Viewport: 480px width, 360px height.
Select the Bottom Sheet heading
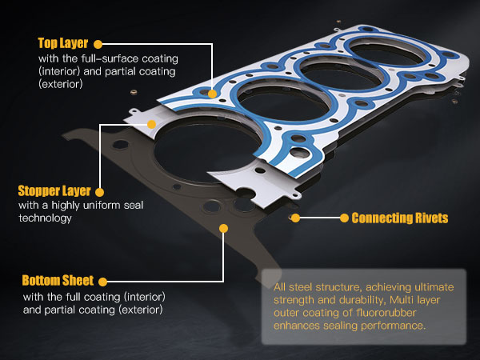[58, 281]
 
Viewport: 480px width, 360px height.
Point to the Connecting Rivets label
[399, 218]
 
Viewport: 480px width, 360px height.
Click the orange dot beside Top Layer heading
[98, 43]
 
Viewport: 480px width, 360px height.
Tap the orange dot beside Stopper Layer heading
[98, 192]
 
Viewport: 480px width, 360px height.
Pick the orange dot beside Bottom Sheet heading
[101, 281]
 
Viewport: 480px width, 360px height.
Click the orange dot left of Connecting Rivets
[342, 218]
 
